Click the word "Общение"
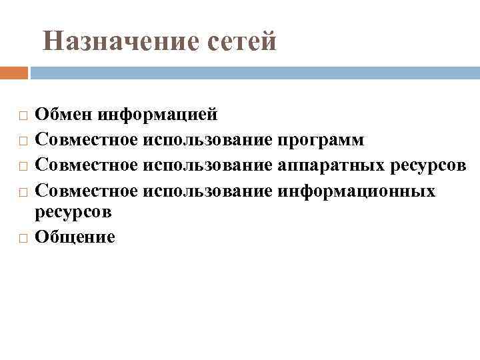coord(75,237)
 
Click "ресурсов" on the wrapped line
coord(73,212)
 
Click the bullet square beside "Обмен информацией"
coord(23,116)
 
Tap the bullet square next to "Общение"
coord(23,238)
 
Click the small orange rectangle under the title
coord(14,72)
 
